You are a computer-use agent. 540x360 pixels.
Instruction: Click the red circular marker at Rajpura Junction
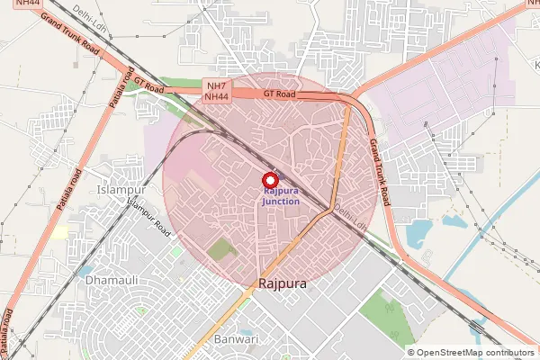(x=267, y=179)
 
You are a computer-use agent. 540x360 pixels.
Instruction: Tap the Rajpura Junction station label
(x=281, y=196)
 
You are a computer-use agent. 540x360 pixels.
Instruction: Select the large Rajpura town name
(x=283, y=283)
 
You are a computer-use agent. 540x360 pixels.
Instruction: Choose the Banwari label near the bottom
(x=238, y=339)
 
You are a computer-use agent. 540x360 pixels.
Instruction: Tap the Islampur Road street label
(x=149, y=218)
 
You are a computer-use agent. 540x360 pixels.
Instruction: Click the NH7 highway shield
(x=216, y=85)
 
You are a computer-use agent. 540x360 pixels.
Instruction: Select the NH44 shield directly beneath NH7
(x=216, y=96)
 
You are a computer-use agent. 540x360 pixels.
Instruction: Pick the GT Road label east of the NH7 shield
(x=280, y=94)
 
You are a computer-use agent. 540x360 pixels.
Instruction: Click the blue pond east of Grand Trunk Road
(x=419, y=232)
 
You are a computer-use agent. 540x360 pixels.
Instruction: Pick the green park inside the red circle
(x=220, y=250)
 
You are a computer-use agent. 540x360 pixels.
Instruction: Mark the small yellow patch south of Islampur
(x=60, y=232)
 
